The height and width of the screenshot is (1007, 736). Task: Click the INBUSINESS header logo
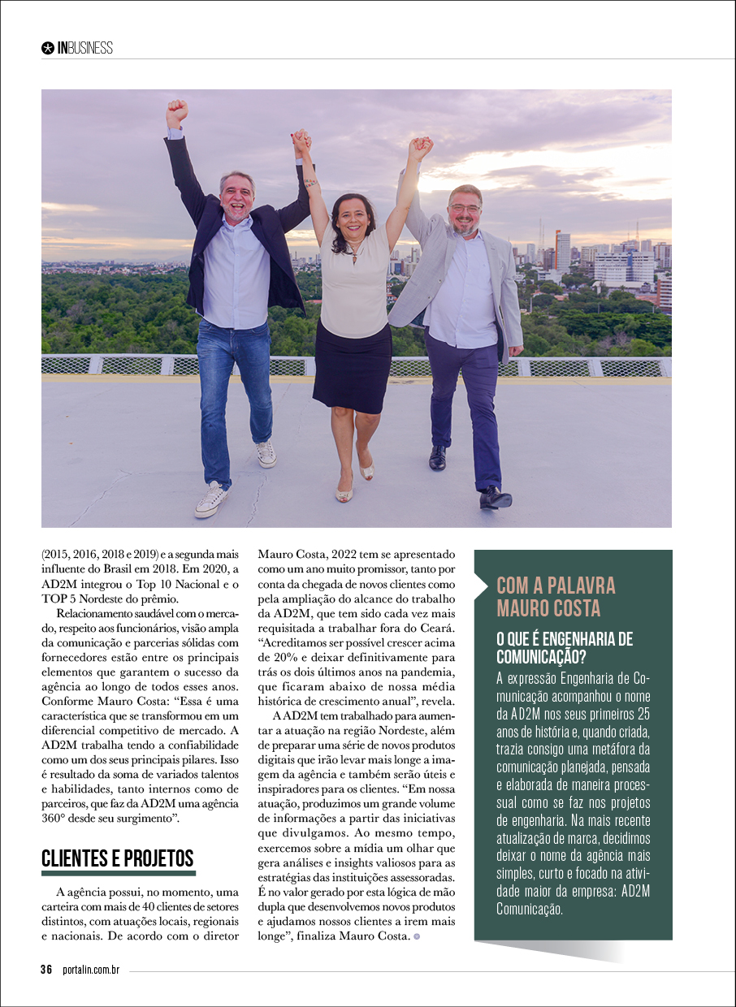78,48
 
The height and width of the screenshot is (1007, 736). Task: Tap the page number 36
47,970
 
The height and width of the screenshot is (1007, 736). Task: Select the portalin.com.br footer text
91,970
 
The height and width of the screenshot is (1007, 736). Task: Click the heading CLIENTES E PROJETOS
118,858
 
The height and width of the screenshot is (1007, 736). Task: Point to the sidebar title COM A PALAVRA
556,586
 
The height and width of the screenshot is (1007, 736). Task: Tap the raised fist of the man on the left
176,111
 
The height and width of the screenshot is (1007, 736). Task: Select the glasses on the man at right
465,209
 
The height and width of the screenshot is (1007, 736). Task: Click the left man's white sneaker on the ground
211,499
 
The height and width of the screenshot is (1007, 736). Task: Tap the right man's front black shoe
495,497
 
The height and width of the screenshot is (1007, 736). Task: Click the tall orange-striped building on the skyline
562,252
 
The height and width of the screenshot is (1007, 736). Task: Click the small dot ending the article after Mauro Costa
417,936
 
